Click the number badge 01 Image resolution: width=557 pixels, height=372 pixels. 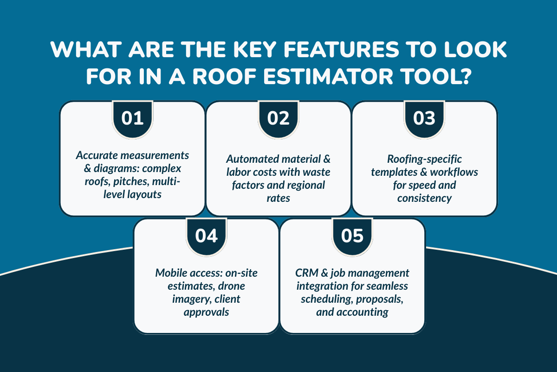click(x=132, y=119)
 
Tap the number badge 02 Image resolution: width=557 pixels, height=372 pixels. click(x=278, y=119)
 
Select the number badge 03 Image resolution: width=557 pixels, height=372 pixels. click(x=424, y=119)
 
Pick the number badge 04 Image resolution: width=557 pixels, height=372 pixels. click(x=206, y=236)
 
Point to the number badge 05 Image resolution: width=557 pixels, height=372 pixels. click(x=352, y=236)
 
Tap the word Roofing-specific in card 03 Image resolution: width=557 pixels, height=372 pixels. click(x=424, y=159)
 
